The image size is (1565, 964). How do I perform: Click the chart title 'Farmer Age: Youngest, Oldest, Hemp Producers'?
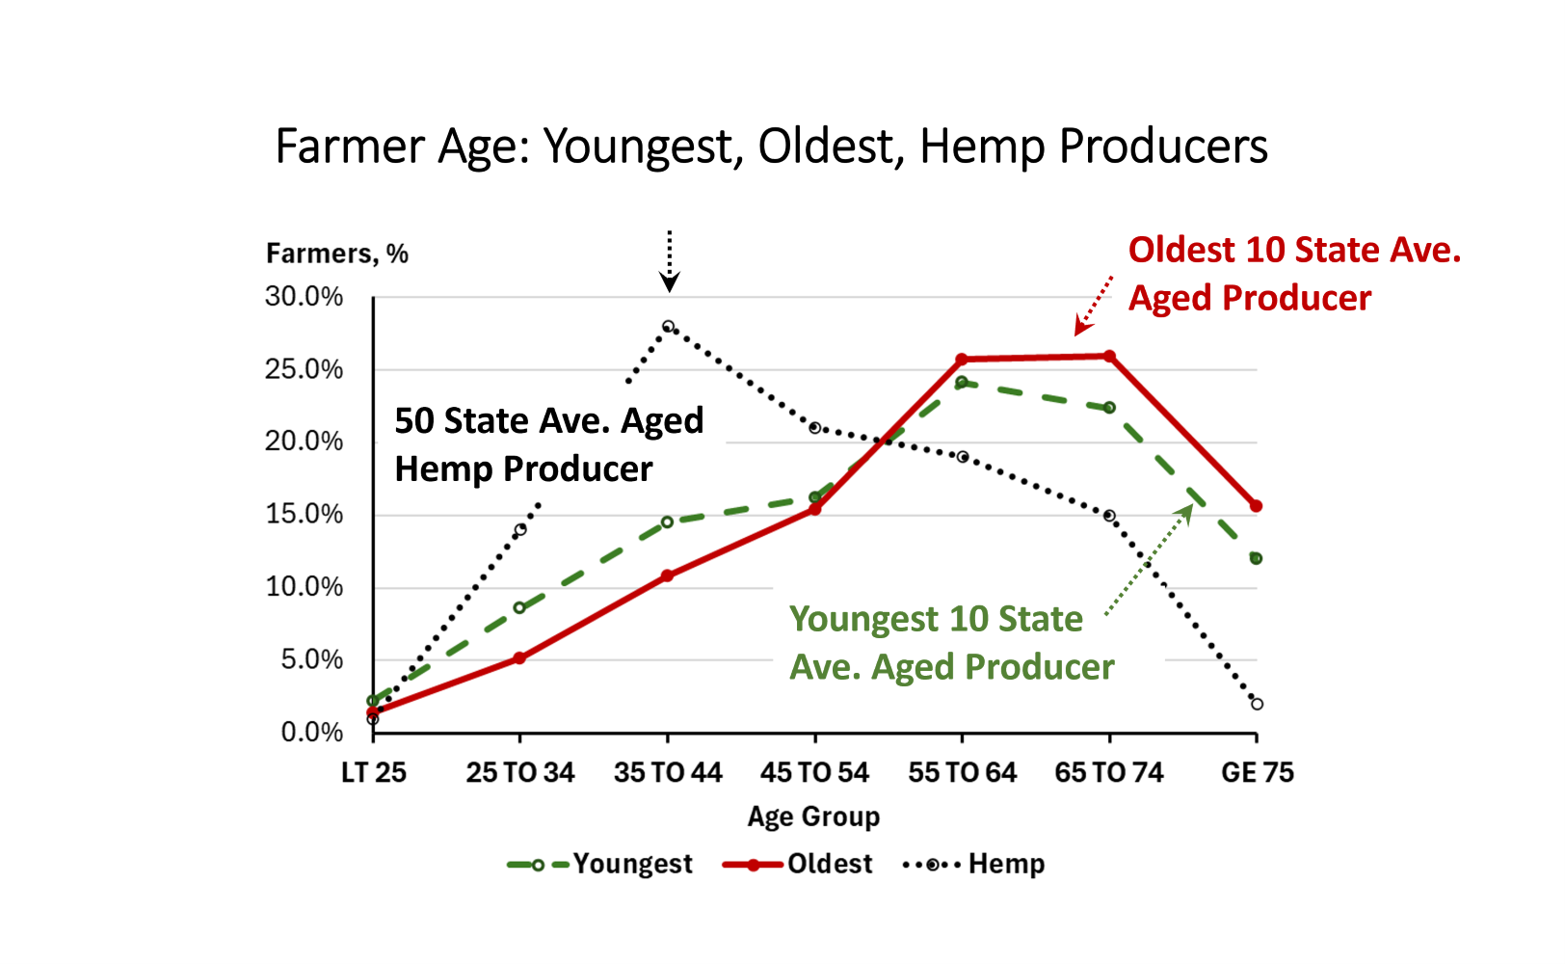[x=771, y=147]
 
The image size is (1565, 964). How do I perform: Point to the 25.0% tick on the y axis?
[x=304, y=369]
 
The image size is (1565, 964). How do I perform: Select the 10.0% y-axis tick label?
[x=304, y=586]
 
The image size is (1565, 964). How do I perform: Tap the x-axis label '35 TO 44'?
[x=668, y=772]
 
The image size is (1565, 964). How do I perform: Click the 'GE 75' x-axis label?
[x=1257, y=772]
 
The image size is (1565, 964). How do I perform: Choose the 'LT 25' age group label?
[x=373, y=772]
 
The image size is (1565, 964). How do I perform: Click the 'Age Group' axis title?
[x=813, y=817]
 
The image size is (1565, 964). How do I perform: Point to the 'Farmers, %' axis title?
[x=336, y=254]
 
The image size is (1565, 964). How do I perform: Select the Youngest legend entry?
[x=599, y=865]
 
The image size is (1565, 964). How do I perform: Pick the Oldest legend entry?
[x=797, y=865]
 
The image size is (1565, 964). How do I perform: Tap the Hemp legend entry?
[x=974, y=865]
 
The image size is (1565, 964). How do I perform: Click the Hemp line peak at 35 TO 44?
[x=668, y=327]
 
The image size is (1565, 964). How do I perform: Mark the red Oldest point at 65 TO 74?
[x=1109, y=357]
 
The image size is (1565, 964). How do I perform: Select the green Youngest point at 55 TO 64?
[x=962, y=383]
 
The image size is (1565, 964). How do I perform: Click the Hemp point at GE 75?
[x=1257, y=704]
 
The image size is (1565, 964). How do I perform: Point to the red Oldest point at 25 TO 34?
[x=519, y=657]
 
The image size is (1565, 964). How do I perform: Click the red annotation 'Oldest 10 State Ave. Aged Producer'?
[x=1294, y=274]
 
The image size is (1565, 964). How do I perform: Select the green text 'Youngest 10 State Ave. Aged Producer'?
[x=951, y=642]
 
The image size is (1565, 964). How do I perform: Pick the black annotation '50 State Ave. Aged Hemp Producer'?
[x=549, y=444]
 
